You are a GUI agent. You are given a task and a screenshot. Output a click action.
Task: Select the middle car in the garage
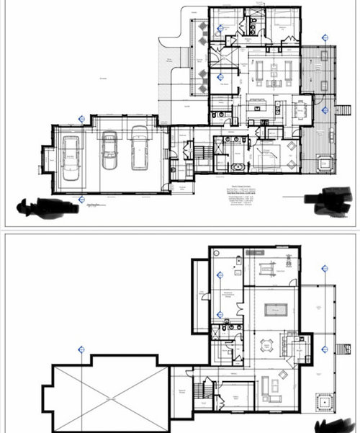pyautogui.click(x=109, y=149)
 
